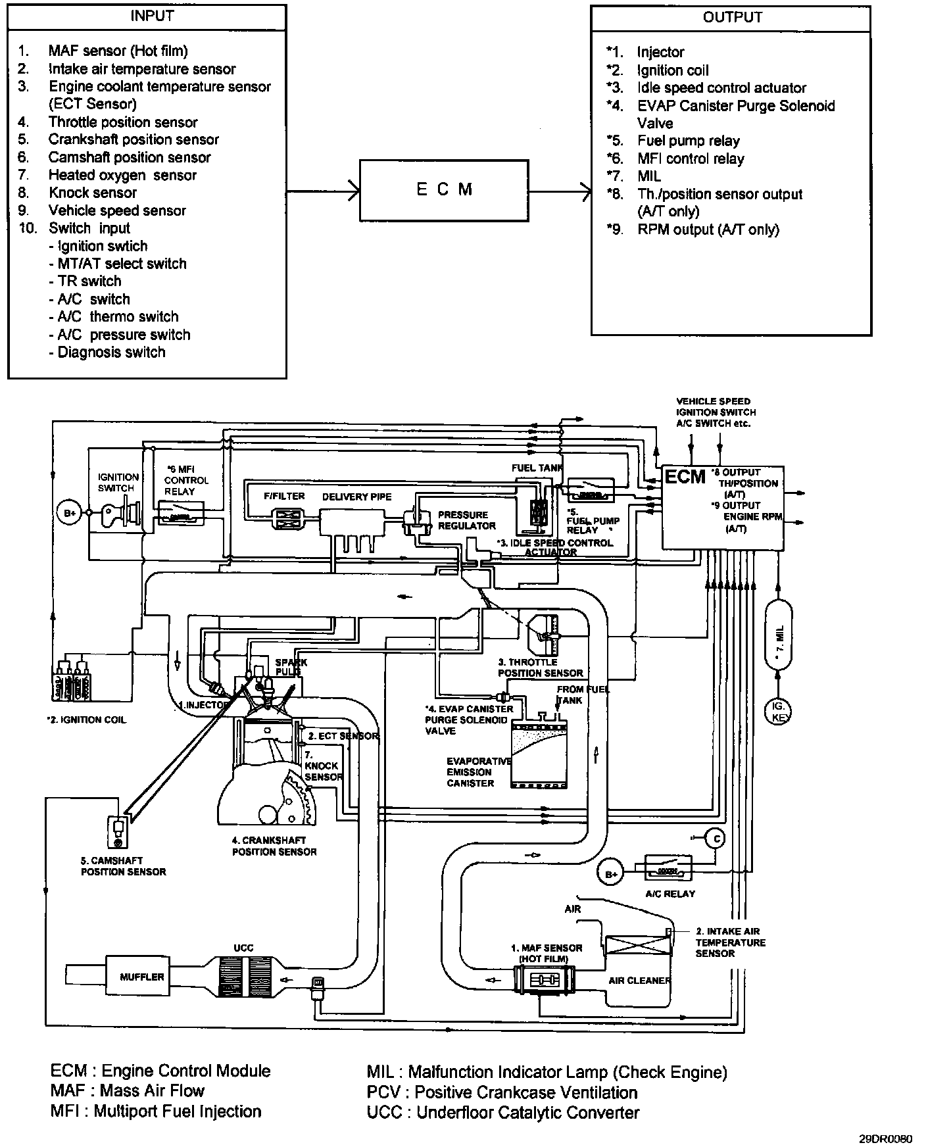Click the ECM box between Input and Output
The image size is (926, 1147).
(x=445, y=190)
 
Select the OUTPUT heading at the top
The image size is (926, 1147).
(x=732, y=18)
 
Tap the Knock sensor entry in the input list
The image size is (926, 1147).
(x=93, y=193)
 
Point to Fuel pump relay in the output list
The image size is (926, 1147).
(x=688, y=141)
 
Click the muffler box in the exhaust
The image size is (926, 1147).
(x=141, y=977)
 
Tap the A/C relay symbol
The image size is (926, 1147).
(x=668, y=868)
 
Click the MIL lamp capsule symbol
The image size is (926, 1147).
(x=779, y=634)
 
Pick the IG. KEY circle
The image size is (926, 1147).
(x=778, y=711)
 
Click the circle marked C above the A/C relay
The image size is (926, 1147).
(x=714, y=839)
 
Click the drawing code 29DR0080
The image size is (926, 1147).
(x=885, y=1138)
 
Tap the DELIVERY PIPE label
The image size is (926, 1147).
(x=356, y=497)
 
